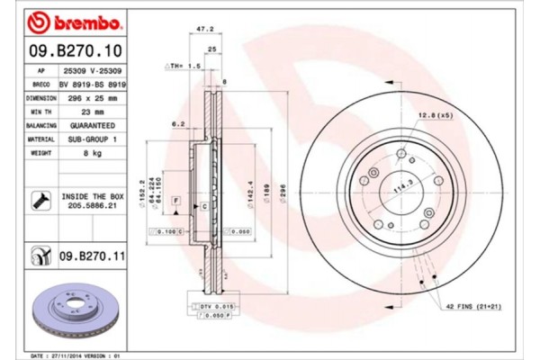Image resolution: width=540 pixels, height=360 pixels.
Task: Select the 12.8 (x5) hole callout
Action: [x=434, y=114]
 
